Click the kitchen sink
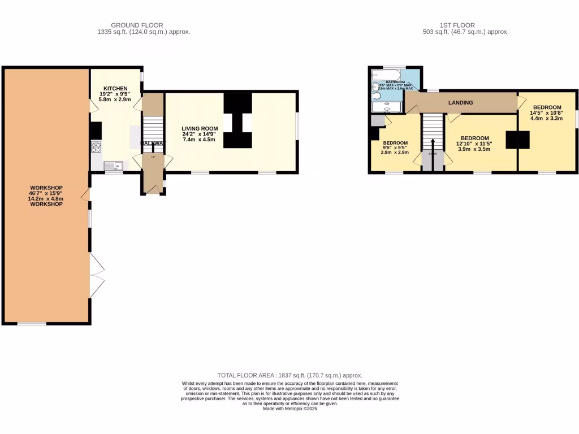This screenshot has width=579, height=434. pyautogui.click(x=113, y=165)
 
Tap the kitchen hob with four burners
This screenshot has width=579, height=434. pyautogui.click(x=96, y=147)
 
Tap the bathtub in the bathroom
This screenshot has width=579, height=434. pyautogui.click(x=386, y=75)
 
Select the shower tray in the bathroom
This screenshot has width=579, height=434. pyautogui.click(x=386, y=107)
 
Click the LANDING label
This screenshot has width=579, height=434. pyautogui.click(x=460, y=102)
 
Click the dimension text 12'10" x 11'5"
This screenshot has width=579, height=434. pyautogui.click(x=474, y=144)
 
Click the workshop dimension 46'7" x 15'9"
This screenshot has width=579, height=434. pyautogui.click(x=46, y=193)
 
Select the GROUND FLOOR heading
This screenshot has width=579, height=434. pyautogui.click(x=137, y=25)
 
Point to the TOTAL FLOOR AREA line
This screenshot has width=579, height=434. pyautogui.click(x=289, y=375)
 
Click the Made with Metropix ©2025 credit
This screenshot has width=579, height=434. pyautogui.click(x=289, y=409)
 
